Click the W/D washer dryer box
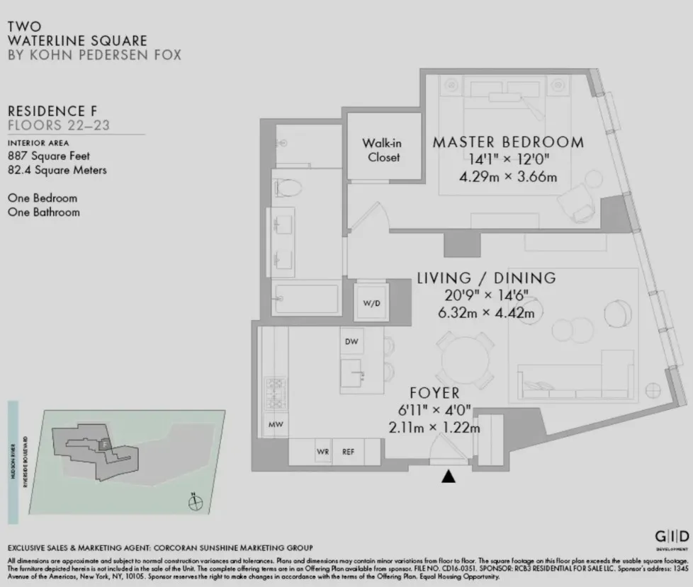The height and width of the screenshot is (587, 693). (x=372, y=303)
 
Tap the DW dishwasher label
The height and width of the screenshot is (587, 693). (x=351, y=342)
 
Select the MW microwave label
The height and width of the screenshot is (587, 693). (x=274, y=425)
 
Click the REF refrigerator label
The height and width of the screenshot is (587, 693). (x=348, y=451)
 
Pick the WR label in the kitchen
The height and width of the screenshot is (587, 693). (x=322, y=451)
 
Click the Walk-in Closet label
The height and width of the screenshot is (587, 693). (x=383, y=150)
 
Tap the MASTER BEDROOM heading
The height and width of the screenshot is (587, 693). (x=508, y=142)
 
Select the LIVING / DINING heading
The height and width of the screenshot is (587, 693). (x=485, y=278)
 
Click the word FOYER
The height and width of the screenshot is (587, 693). (x=434, y=392)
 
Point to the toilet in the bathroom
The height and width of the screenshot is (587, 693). (x=288, y=188)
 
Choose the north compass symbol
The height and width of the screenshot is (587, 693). (x=196, y=503)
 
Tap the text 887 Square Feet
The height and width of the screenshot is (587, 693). (x=49, y=156)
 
